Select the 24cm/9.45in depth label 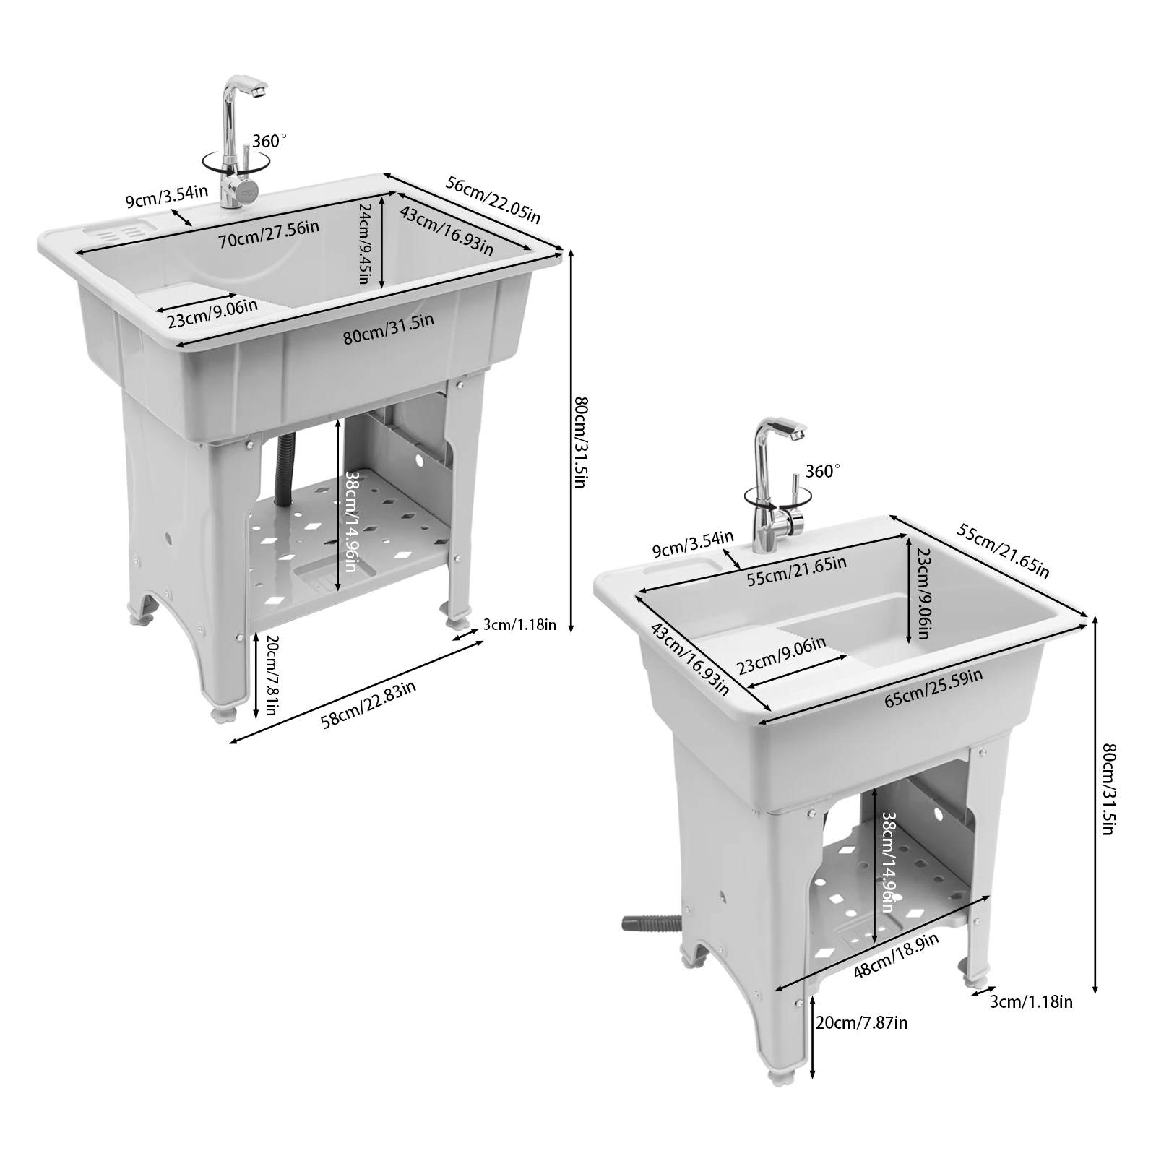tap(366, 243)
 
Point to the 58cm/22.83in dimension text tap(368, 705)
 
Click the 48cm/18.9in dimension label tap(895, 955)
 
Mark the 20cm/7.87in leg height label tap(861, 1022)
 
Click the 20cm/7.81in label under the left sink tap(272, 675)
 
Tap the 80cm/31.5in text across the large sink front tap(388, 329)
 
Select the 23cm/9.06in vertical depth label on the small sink tap(922, 594)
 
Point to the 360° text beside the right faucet tap(823, 471)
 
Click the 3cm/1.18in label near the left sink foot tap(519, 625)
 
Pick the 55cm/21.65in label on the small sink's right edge tap(1002, 551)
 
